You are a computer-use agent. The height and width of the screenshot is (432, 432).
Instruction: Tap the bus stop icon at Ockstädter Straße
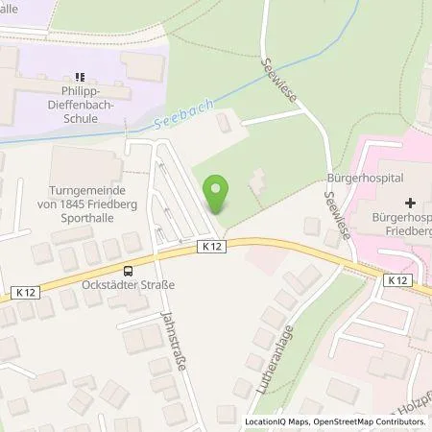[128, 271]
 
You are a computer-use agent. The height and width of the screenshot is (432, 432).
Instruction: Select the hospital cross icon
[411, 203]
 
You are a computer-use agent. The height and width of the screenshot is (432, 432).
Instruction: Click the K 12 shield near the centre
[216, 247]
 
